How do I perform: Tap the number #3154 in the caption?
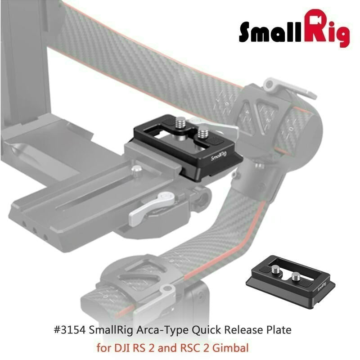[x=70, y=330]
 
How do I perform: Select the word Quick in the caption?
[x=206, y=330]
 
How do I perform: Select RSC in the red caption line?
[x=190, y=347]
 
